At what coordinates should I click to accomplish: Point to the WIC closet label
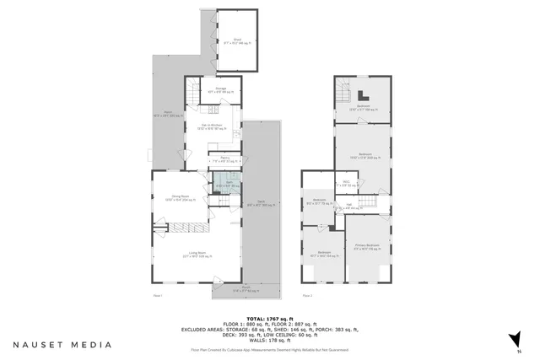[x=347, y=182]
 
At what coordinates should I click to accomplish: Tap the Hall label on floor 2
[x=348, y=207]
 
